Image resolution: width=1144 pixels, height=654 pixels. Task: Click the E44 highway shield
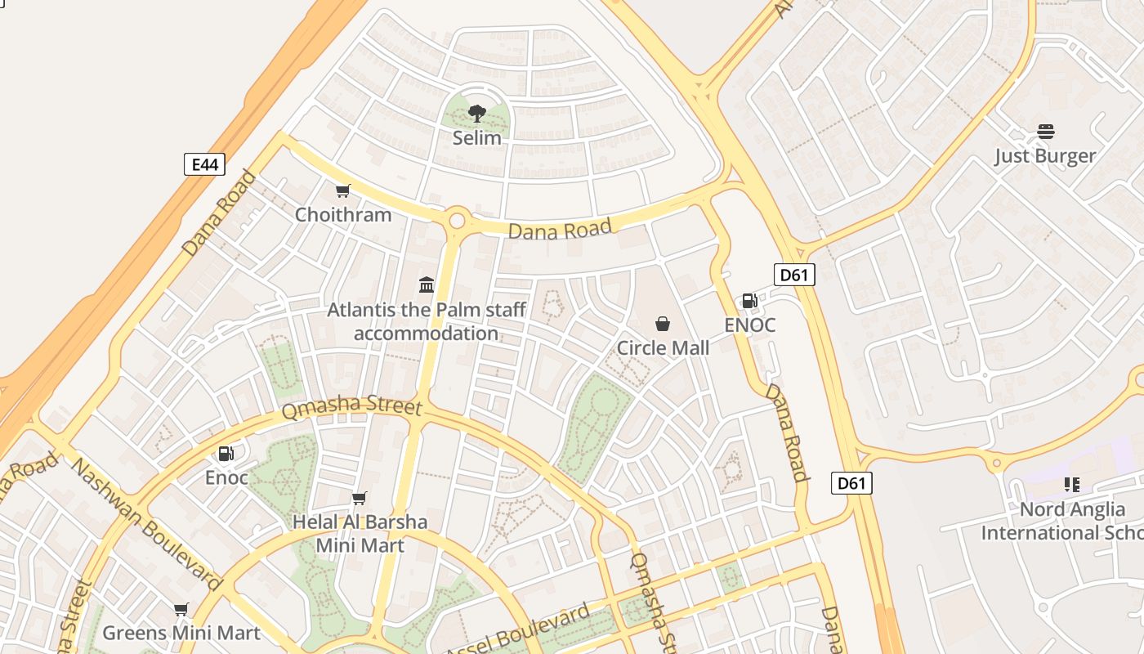[x=203, y=164]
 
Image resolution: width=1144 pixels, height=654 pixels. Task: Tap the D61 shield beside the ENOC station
[x=793, y=275]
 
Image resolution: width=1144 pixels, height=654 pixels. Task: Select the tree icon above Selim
[x=477, y=114]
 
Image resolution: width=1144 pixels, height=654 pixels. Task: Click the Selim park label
[x=477, y=138]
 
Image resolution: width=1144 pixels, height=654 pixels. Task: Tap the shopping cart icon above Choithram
[x=343, y=191]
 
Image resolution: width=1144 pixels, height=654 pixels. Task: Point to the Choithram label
[x=343, y=215]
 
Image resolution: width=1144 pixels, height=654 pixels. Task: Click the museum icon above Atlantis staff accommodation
[x=427, y=284]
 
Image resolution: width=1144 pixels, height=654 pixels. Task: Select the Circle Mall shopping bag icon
[x=663, y=324]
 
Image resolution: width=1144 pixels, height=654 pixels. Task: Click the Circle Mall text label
[x=663, y=348]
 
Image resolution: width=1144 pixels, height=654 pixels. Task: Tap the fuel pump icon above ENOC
[x=749, y=301]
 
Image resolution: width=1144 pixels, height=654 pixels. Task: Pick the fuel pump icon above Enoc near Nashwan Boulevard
[x=226, y=453]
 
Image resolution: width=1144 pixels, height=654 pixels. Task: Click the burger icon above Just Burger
[x=1045, y=132]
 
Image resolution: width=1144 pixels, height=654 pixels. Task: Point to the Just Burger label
[x=1045, y=156]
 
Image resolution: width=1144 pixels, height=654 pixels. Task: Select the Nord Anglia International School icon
[x=1072, y=485]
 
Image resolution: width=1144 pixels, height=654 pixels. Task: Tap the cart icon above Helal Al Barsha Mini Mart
[x=359, y=498]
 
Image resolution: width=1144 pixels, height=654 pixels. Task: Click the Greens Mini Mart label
[x=181, y=633]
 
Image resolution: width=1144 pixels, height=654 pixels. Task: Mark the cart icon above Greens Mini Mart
[x=181, y=609]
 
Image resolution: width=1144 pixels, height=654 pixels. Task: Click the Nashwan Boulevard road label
[x=147, y=523]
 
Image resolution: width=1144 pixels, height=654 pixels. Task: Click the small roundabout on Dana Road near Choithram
[x=457, y=220]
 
